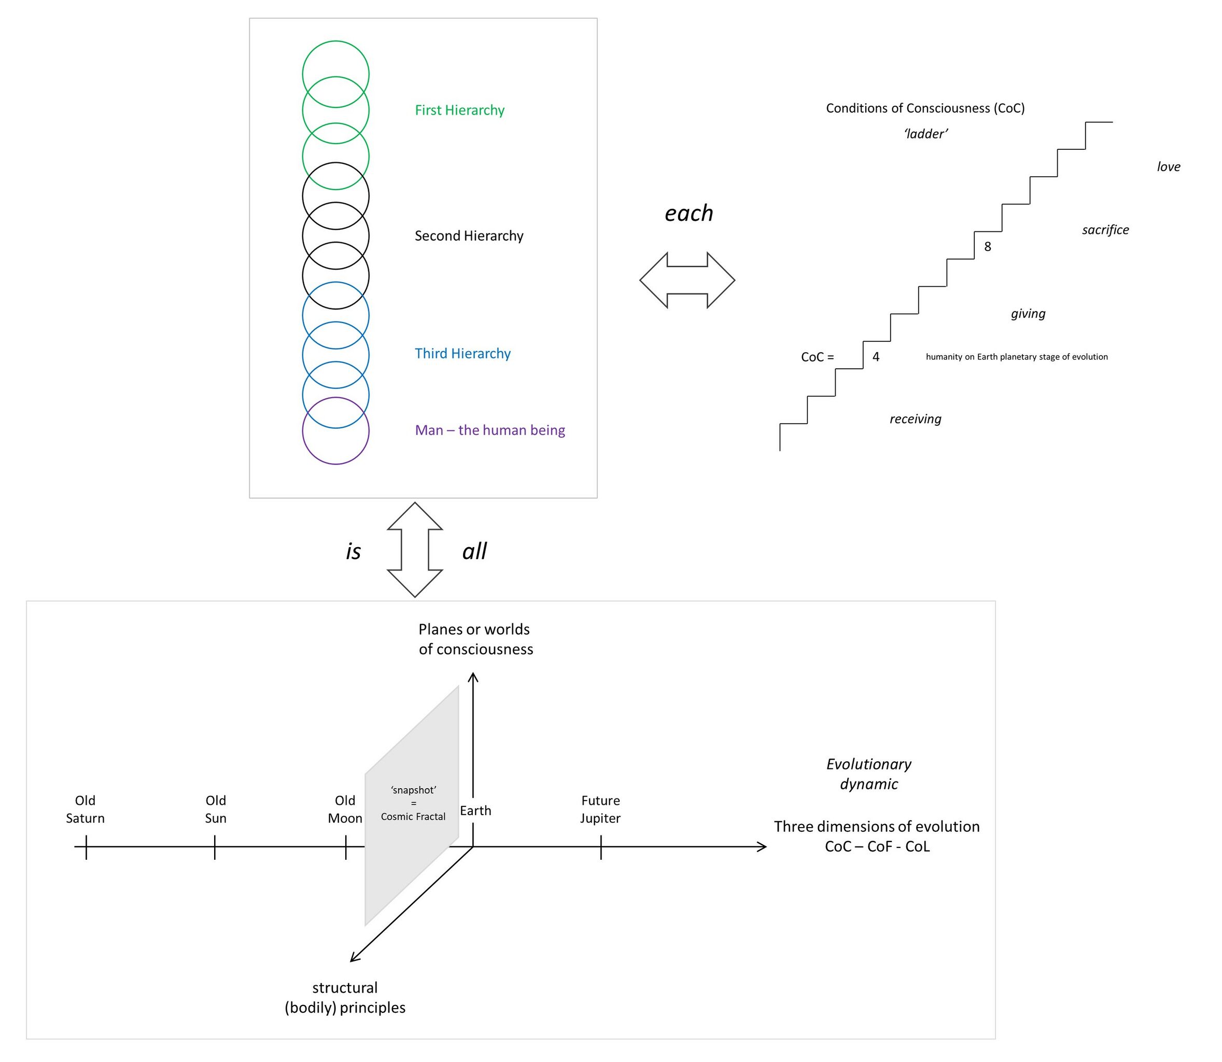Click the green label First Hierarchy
pyautogui.click(x=459, y=110)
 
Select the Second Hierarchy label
pyautogui.click(x=469, y=236)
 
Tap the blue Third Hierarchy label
pyautogui.click(x=462, y=353)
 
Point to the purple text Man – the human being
pyautogui.click(x=489, y=430)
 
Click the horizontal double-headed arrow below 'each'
pyautogui.click(x=687, y=281)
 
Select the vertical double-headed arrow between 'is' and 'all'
pyautogui.click(x=415, y=549)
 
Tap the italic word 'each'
pyautogui.click(x=689, y=213)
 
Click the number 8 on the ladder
pyautogui.click(x=987, y=246)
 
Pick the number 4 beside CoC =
pyautogui.click(x=876, y=357)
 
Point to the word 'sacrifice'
pyautogui.click(x=1105, y=230)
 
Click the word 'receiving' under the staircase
pyautogui.click(x=915, y=419)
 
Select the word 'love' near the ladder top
pyautogui.click(x=1169, y=166)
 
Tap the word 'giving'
pyautogui.click(x=1028, y=314)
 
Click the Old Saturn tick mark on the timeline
pyautogui.click(x=86, y=847)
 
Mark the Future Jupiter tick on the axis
pyautogui.click(x=601, y=847)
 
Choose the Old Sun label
pyautogui.click(x=216, y=809)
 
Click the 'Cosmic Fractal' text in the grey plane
pyautogui.click(x=413, y=817)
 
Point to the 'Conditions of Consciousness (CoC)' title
pyautogui.click(x=925, y=108)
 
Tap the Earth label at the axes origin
pyautogui.click(x=475, y=811)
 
